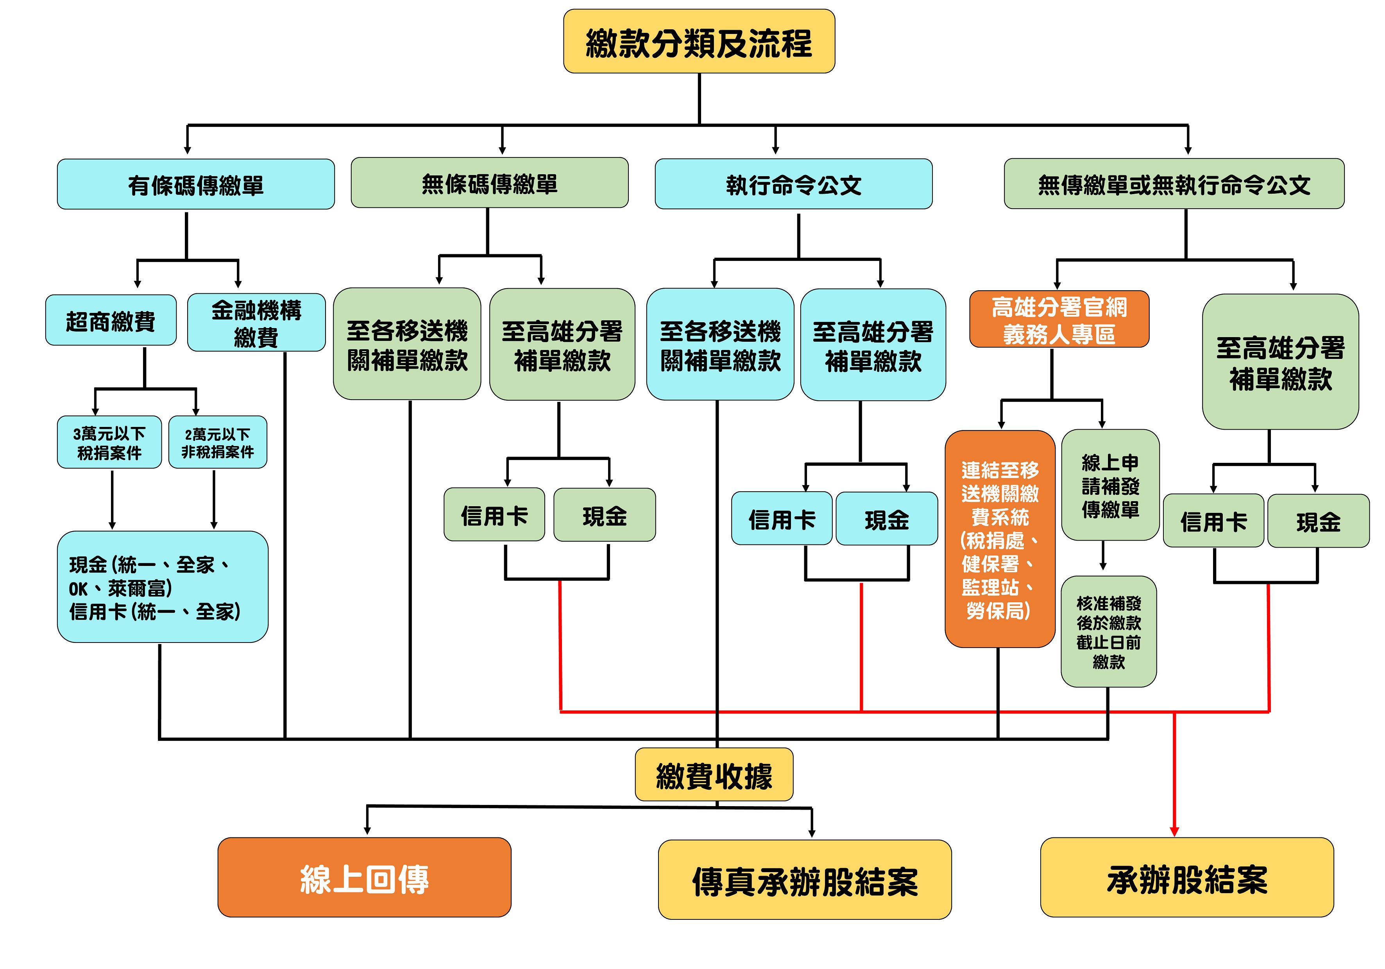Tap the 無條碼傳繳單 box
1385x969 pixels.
(x=489, y=183)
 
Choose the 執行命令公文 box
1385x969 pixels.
(x=793, y=184)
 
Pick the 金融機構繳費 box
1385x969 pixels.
(x=256, y=323)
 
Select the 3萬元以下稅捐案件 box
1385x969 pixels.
(x=109, y=443)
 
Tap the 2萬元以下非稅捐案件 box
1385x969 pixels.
(x=217, y=443)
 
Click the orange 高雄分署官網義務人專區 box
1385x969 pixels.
(x=1059, y=319)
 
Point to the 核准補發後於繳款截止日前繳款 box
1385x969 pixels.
(x=1109, y=632)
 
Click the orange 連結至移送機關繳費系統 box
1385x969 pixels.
(x=1000, y=539)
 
